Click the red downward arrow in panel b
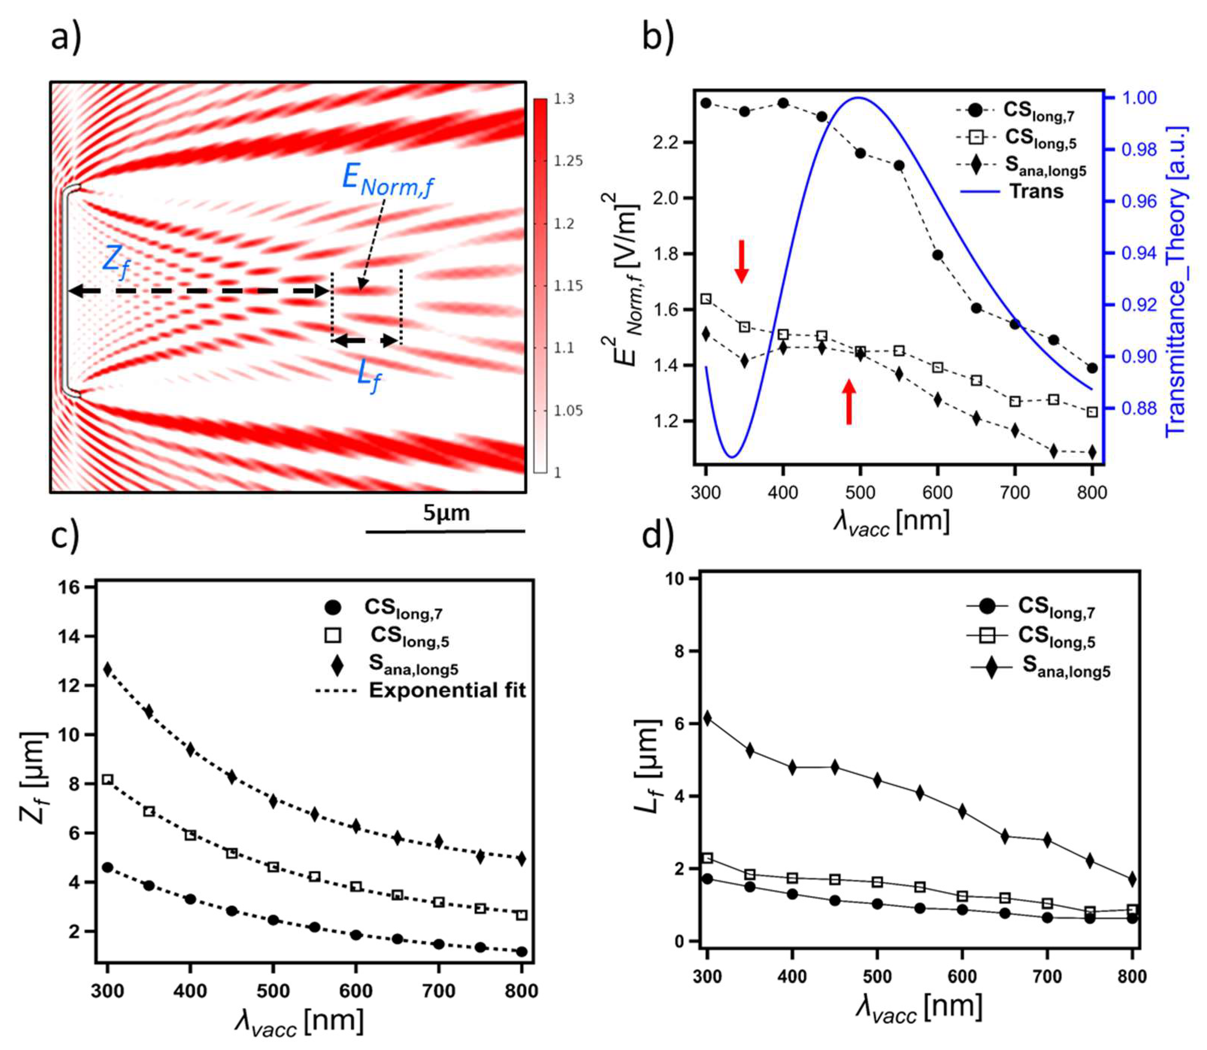[742, 261]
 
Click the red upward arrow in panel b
[849, 401]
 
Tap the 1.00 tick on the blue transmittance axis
[1139, 98]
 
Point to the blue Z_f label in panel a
[115, 262]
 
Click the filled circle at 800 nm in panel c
[522, 952]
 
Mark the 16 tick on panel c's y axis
[70, 587]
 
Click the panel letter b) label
[657, 36]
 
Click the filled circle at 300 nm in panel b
[706, 103]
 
